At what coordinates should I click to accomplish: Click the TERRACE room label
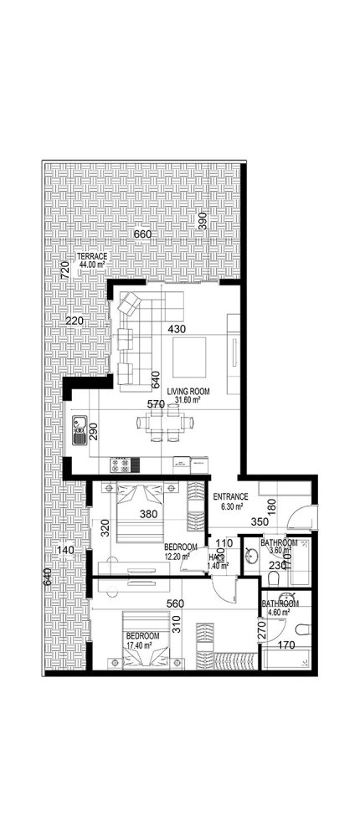pyautogui.click(x=90, y=256)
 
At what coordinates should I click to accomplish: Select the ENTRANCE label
pyautogui.click(x=227, y=496)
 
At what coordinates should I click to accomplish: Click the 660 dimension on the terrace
pyautogui.click(x=142, y=234)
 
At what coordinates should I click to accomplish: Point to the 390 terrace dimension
pyautogui.click(x=202, y=221)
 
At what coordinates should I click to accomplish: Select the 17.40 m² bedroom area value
pyautogui.click(x=142, y=644)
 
